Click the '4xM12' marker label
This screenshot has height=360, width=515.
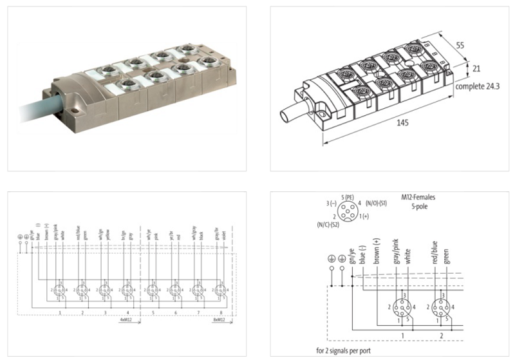point(127,318)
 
